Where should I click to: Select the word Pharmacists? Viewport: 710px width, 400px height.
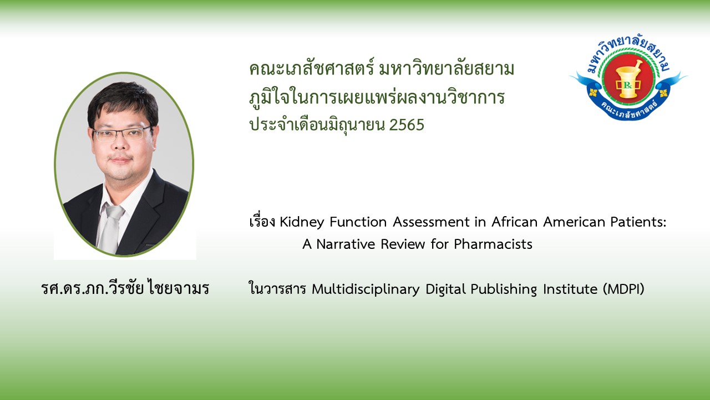(x=493, y=244)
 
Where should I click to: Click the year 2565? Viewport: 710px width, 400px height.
(x=407, y=125)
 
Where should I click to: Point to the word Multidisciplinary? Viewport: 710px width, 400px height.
(x=366, y=289)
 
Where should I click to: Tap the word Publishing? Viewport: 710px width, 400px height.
(x=504, y=289)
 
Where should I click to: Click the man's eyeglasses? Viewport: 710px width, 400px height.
(x=123, y=133)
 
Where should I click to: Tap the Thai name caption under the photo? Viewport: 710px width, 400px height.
(x=125, y=288)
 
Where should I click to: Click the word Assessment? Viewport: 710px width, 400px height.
(x=432, y=222)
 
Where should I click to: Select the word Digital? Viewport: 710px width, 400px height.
(x=445, y=289)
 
